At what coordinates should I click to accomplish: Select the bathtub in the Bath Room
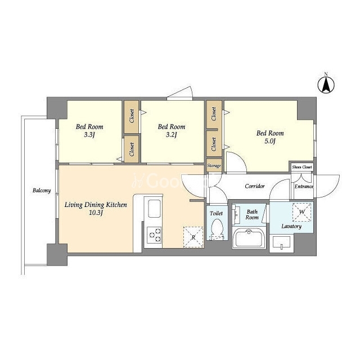pyautogui.click(x=249, y=238)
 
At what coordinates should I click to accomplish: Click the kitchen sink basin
pyautogui.click(x=154, y=209)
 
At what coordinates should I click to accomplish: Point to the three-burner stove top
pyautogui.click(x=154, y=235)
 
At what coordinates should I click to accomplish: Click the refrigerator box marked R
pyautogui.click(x=193, y=237)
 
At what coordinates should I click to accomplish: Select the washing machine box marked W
pyautogui.click(x=301, y=212)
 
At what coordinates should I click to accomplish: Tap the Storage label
pyautogui.click(x=214, y=165)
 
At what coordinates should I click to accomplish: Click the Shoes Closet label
pyautogui.click(x=302, y=167)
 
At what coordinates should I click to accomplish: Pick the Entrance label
pyautogui.click(x=304, y=186)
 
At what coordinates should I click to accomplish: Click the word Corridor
pyautogui.click(x=255, y=186)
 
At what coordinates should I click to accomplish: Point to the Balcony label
pyautogui.click(x=42, y=190)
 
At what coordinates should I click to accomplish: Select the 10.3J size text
pyautogui.click(x=96, y=213)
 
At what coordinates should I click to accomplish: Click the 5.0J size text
pyautogui.click(x=270, y=141)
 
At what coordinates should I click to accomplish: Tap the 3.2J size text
pyautogui.click(x=172, y=135)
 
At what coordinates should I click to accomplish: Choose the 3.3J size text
pyautogui.click(x=89, y=135)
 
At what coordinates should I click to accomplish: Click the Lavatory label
pyautogui.click(x=291, y=226)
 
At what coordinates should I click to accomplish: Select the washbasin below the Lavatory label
pyautogui.click(x=281, y=243)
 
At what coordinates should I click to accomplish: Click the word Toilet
pyautogui.click(x=216, y=213)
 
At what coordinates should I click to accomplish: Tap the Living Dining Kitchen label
pyautogui.click(x=96, y=205)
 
